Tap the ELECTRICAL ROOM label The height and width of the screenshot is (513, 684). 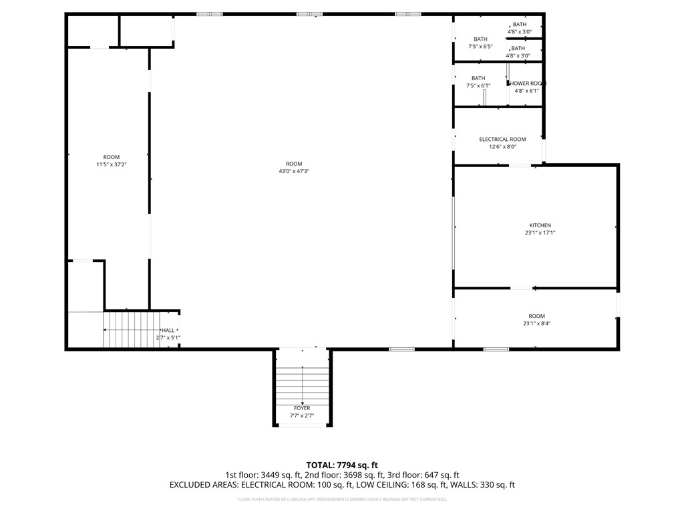[x=502, y=139]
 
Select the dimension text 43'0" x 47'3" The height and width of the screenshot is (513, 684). [x=294, y=172]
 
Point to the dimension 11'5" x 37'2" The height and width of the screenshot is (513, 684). [x=112, y=164]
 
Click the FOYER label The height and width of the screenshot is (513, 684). [x=302, y=408]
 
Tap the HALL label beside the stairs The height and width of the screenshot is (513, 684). [x=168, y=330]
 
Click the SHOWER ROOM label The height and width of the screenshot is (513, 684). [x=528, y=83]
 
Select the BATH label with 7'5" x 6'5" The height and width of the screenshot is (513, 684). [x=480, y=39]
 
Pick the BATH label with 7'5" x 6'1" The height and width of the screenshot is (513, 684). [x=478, y=78]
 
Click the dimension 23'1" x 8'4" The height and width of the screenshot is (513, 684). [x=536, y=324]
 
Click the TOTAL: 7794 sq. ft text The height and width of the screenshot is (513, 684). [x=342, y=465]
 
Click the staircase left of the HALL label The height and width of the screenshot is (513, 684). [x=130, y=330]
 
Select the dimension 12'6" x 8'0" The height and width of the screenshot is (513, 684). [x=502, y=147]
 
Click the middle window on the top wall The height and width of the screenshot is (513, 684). [x=309, y=14]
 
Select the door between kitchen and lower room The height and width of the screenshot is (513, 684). [x=522, y=288]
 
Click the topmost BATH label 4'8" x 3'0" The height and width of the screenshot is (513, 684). [x=519, y=24]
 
